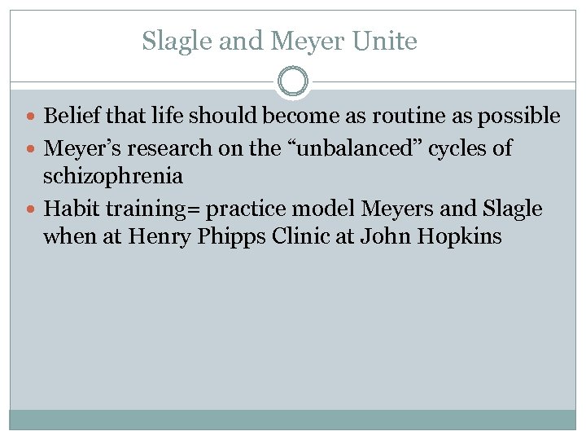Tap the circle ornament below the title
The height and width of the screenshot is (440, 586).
(293, 81)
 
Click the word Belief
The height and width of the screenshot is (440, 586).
(71, 117)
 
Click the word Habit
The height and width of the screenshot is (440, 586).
(69, 209)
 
